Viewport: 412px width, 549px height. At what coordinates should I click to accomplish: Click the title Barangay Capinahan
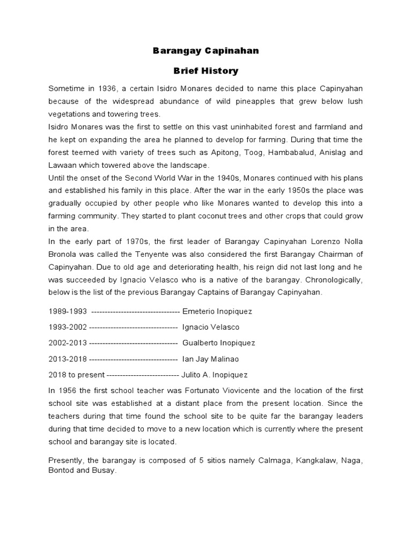(x=206, y=51)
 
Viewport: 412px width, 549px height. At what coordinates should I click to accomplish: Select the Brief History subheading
(x=206, y=71)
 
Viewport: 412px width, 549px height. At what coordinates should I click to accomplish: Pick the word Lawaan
(x=62, y=165)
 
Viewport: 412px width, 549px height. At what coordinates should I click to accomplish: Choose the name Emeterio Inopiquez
(x=217, y=311)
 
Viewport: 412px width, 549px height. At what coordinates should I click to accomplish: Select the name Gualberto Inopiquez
(x=219, y=343)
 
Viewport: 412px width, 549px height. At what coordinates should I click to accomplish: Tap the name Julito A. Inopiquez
(x=215, y=375)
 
